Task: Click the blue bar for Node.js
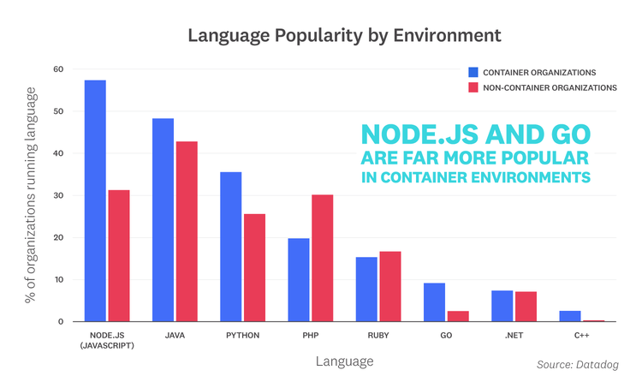click(95, 200)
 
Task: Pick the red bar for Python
click(254, 267)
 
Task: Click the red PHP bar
click(322, 258)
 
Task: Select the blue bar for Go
click(434, 301)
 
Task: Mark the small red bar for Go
click(458, 316)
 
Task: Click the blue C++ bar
click(570, 316)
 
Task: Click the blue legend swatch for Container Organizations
click(474, 72)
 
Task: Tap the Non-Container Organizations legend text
click(550, 87)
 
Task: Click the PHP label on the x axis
click(310, 335)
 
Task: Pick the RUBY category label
click(377, 335)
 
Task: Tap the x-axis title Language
click(344, 361)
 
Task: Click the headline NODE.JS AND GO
click(476, 136)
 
